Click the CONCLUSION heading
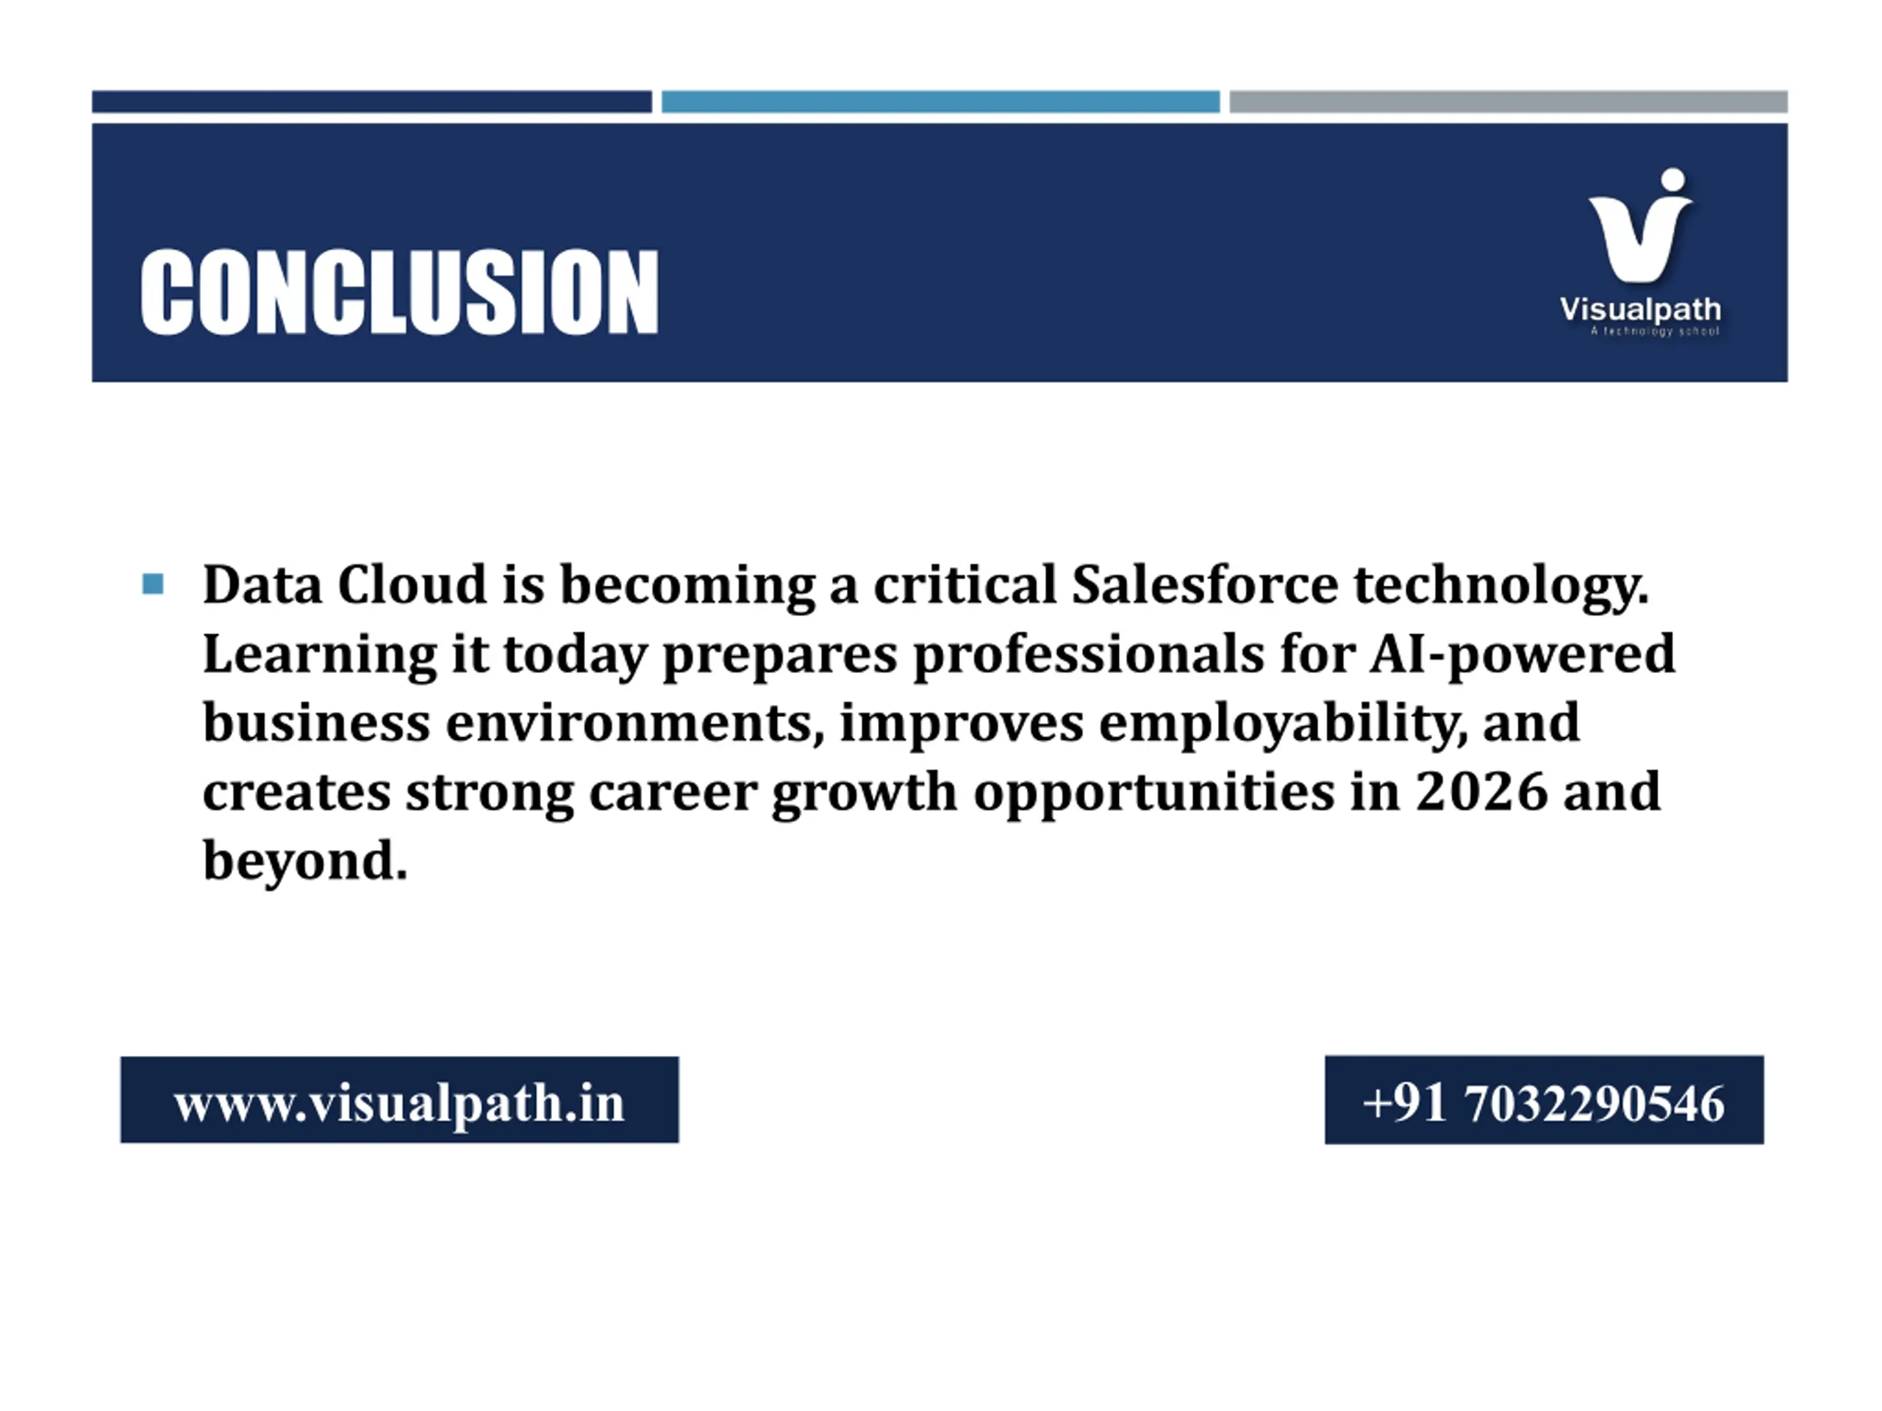399,292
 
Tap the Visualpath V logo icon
1640,226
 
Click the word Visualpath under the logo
1640,309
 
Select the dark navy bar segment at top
372,101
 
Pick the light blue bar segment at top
940,101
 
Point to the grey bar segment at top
1509,101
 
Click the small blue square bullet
153,584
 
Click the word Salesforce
1205,585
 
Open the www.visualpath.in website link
399,1102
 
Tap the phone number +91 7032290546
1545,1102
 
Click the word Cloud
412,585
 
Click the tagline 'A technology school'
1655,331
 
